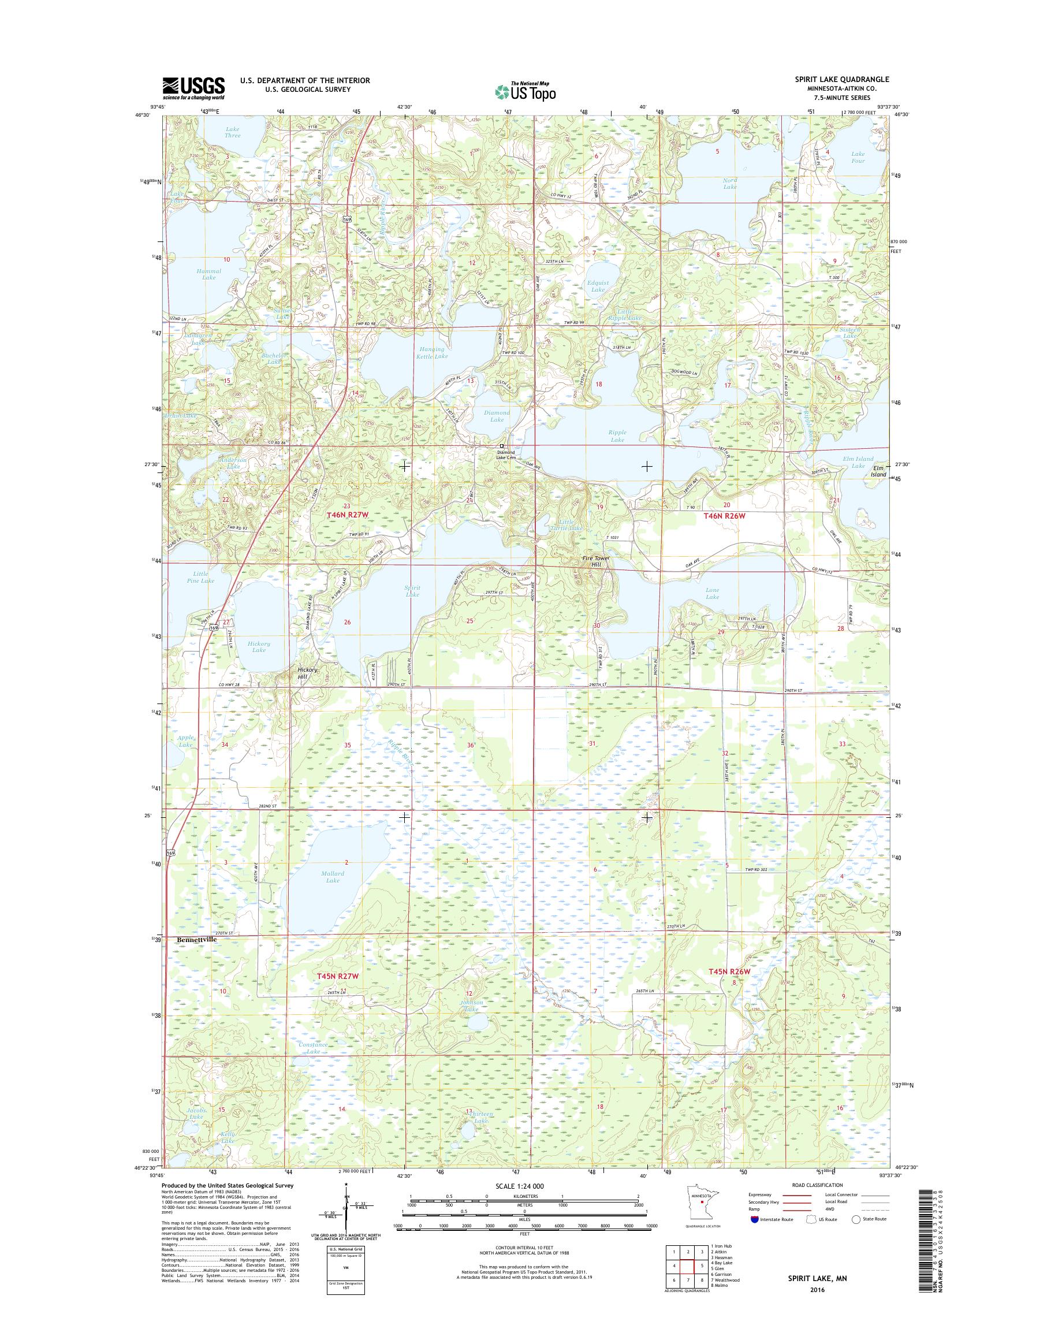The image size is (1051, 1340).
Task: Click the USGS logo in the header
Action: point(193,88)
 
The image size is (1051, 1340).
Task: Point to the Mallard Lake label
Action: point(332,877)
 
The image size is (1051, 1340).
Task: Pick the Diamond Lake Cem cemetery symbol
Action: point(501,446)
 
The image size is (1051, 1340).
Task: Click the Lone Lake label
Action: point(712,593)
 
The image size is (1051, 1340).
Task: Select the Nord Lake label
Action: point(730,183)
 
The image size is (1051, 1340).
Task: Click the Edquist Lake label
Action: point(598,286)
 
